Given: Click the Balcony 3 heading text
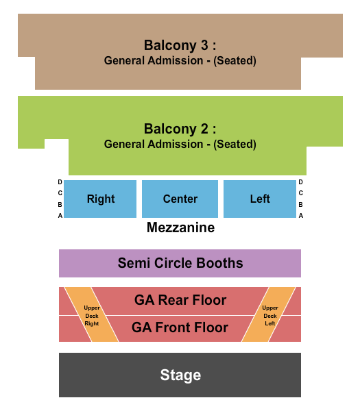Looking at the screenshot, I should [x=180, y=45].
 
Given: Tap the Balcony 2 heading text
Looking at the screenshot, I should [x=180, y=129].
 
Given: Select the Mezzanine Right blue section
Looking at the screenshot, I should [x=101, y=199].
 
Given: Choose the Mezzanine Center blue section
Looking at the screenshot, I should [x=180, y=199].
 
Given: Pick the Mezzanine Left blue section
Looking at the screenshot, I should [x=260, y=199].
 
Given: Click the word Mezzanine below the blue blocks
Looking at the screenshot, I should [x=180, y=228].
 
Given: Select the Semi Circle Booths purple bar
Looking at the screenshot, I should [x=180, y=263].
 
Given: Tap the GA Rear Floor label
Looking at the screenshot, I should [x=180, y=300].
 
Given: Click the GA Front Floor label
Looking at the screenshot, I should [x=180, y=327].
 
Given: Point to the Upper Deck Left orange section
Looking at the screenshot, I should [x=269, y=315].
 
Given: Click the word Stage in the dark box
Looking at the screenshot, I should [x=180, y=375].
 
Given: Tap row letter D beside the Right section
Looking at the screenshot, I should [x=60, y=182].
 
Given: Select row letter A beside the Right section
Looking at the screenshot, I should [x=60, y=215].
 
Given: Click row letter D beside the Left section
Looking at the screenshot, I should [x=300, y=182].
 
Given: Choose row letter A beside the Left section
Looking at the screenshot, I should [x=300, y=215].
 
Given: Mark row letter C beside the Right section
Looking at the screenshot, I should [x=60, y=193].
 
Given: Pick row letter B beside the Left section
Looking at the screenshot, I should [x=300, y=204].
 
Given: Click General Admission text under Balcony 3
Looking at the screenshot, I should [x=180, y=61].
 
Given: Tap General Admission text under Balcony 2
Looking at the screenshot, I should [x=180, y=145].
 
